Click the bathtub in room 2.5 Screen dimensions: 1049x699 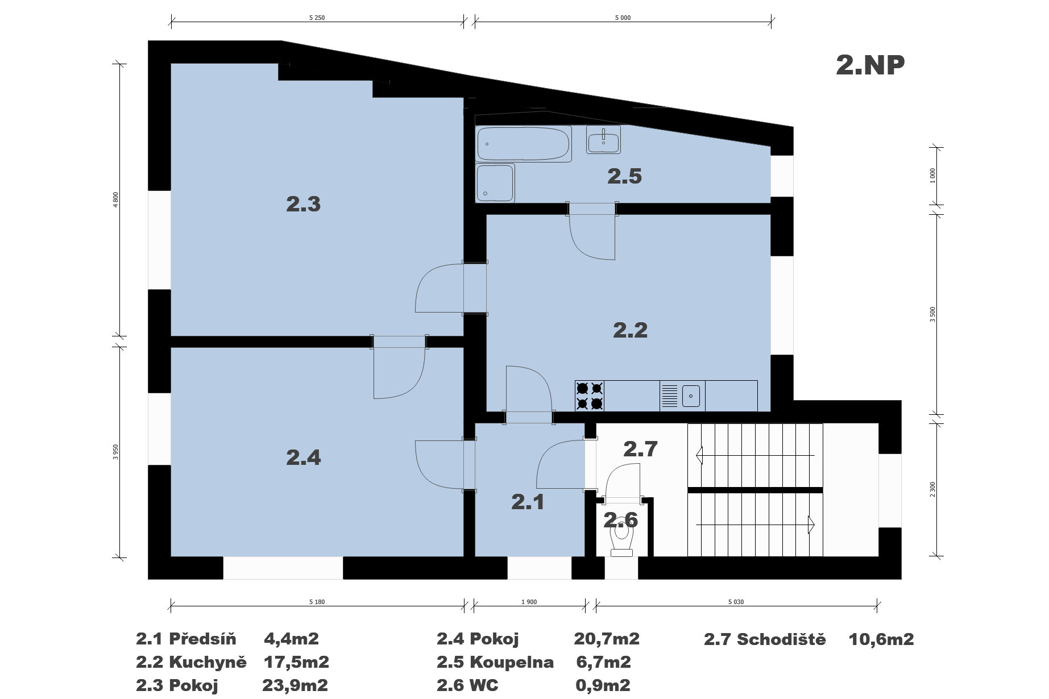point(523,144)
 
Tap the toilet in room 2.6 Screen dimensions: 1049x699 point(621,537)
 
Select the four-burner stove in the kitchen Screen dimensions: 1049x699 point(590,396)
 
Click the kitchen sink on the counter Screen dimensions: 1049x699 point(682,396)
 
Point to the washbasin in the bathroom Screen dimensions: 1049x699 point(603,140)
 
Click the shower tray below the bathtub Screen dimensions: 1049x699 point(495,183)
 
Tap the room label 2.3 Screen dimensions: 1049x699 point(303,204)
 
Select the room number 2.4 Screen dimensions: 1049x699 point(303,457)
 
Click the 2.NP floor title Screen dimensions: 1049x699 point(870,65)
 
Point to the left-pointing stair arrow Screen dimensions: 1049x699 point(755,455)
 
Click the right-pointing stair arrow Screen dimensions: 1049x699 point(755,524)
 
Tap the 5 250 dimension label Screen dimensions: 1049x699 point(317,18)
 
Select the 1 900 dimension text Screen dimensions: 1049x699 point(529,602)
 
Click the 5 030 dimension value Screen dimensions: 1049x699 point(736,602)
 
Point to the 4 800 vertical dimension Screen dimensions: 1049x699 point(116,200)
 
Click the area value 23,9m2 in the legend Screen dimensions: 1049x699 point(295,685)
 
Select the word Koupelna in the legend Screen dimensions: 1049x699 point(512,663)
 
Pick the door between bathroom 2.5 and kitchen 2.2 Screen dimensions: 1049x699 point(592,231)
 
